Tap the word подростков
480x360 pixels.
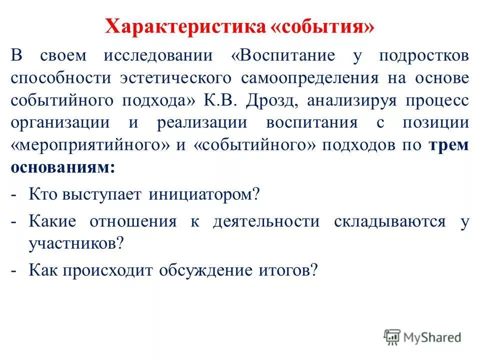[424, 55]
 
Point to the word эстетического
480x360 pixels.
[175, 78]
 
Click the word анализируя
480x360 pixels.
[355, 100]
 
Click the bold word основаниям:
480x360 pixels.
[62, 167]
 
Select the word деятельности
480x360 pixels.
[265, 221]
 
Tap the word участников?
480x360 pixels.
[76, 243]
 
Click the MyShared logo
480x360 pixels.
[422, 337]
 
